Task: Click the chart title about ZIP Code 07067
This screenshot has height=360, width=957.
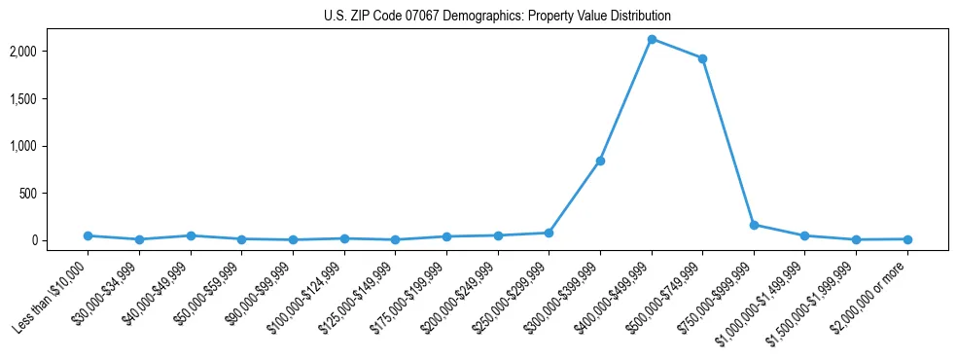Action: (497, 16)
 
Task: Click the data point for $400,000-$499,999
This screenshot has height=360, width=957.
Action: (652, 39)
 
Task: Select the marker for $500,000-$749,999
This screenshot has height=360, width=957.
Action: (702, 58)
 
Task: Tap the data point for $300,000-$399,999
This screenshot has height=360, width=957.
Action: (600, 161)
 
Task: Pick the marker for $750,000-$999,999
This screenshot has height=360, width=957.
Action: (754, 225)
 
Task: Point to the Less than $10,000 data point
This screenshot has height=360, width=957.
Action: (88, 235)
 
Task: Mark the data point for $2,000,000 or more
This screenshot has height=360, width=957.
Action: (907, 238)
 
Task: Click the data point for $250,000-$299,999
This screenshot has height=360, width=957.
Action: (549, 233)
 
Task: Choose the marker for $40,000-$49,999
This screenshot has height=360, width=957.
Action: (191, 235)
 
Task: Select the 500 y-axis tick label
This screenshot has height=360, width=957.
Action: (56, 194)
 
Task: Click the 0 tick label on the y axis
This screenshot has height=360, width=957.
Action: (62, 240)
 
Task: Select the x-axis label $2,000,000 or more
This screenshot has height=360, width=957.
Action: (869, 297)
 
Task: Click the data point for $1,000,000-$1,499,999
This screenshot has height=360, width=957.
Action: (804, 235)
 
